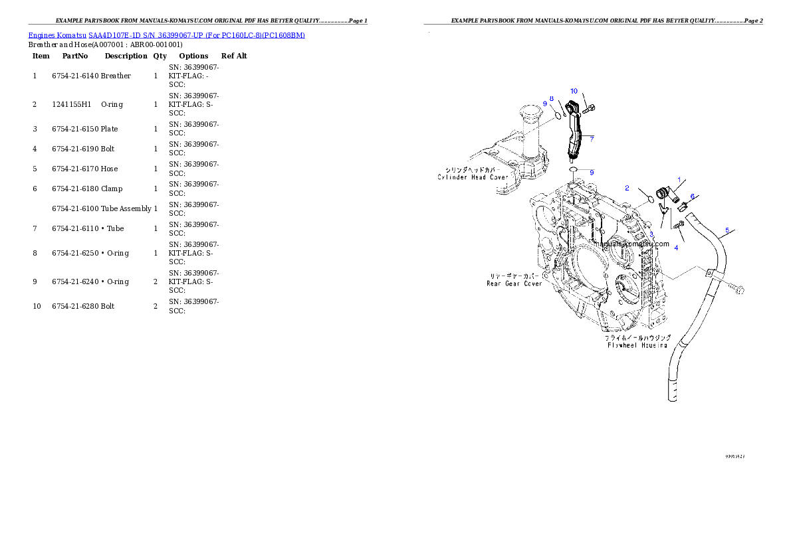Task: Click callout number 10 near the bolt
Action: (574, 90)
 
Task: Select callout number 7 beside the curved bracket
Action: (591, 138)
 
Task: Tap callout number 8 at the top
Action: (551, 98)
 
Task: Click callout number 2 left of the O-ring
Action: (626, 188)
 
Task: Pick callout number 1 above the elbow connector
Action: (679, 179)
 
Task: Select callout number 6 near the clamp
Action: (692, 197)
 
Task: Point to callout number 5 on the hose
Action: (727, 230)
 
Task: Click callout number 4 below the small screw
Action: (676, 248)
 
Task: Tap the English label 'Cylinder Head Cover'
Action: (473, 177)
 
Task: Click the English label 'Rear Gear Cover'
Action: (514, 283)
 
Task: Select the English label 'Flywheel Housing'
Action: (636, 345)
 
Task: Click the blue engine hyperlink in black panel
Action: (166, 35)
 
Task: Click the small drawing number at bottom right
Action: (734, 457)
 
